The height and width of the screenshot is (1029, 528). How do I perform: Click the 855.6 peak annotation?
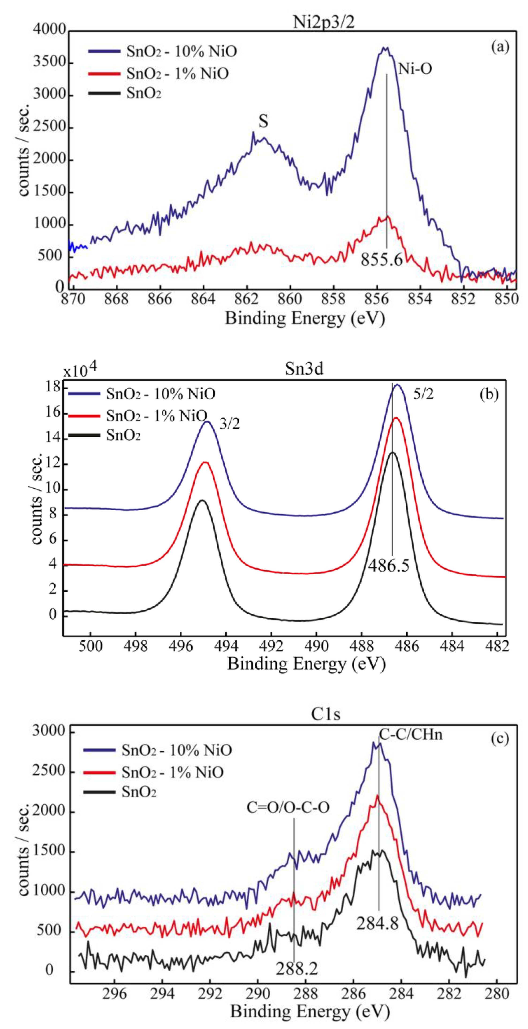[382, 260]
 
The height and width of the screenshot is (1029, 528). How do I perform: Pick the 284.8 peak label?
[377, 923]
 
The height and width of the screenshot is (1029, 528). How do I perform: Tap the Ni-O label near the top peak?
[415, 69]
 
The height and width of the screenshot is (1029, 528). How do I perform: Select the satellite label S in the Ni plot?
[263, 121]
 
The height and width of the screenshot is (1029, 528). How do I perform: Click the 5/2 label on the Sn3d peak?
[423, 394]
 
